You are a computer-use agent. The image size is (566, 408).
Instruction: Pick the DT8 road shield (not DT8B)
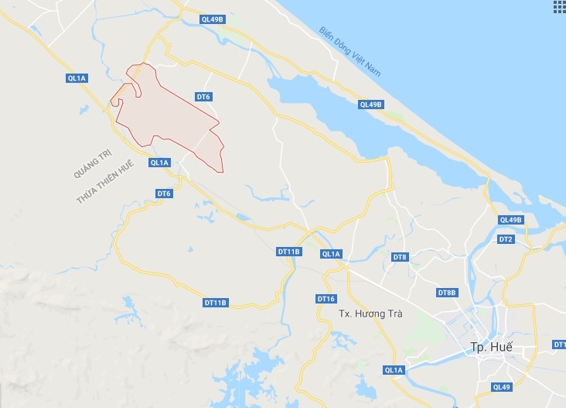[399, 256]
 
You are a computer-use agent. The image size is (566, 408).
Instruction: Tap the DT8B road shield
[447, 293]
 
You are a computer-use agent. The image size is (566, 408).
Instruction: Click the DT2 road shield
[506, 239]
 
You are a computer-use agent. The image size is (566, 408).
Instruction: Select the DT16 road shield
[326, 299]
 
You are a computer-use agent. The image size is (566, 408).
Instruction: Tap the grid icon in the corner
[559, 7]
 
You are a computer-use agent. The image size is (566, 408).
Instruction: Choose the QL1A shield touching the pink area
[159, 162]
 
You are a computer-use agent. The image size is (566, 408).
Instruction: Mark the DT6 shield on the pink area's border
[203, 97]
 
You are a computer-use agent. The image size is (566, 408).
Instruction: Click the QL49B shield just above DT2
[511, 220]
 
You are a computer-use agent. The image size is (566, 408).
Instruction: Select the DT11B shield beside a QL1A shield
[288, 252]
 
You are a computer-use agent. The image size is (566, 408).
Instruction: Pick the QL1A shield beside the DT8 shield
[331, 254]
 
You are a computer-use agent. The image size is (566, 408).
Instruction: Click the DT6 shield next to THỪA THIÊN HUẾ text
[163, 193]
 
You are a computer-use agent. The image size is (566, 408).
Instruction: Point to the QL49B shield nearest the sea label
[370, 105]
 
